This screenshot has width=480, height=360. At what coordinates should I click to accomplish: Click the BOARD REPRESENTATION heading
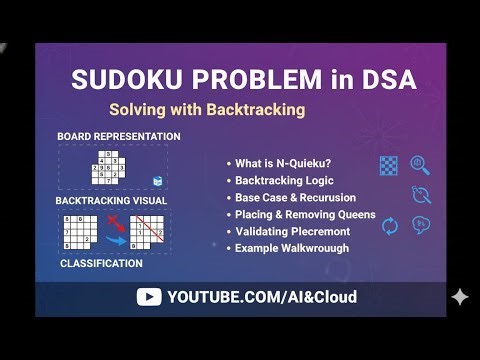point(119,136)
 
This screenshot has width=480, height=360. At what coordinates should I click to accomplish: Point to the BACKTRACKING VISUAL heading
point(111,200)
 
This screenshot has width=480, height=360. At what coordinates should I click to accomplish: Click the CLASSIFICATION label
point(101,264)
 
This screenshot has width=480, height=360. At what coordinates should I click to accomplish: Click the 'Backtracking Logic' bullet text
point(284,181)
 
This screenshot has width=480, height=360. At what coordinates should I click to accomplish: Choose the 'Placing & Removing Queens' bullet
point(305,215)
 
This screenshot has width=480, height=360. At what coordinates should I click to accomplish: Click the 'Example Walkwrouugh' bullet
point(292,248)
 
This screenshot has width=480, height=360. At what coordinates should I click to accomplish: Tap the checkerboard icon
point(389,166)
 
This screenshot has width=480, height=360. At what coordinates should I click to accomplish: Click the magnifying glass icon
point(420,165)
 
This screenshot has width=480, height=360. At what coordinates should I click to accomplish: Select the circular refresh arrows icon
point(390,226)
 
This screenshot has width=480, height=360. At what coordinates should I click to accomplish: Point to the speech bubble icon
point(421,224)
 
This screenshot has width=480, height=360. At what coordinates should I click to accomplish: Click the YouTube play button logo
point(149,297)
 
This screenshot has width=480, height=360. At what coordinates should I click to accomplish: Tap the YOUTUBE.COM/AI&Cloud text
point(262,297)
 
